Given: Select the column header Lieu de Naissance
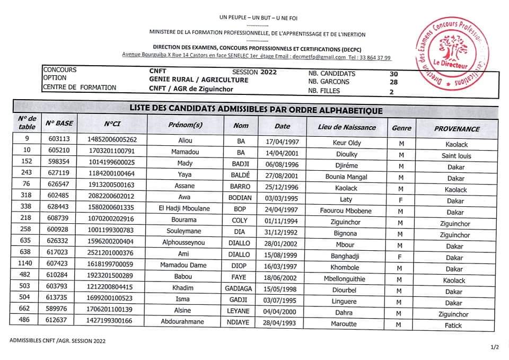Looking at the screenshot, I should click(347, 127).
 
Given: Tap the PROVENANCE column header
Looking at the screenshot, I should click(457, 129).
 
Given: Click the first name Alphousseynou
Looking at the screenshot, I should click(184, 242).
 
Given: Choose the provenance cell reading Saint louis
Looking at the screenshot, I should click(456, 156).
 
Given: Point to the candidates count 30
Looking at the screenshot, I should click(393, 74).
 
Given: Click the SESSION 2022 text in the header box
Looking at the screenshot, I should click(254, 72).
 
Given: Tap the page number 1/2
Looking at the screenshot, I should click(495, 347).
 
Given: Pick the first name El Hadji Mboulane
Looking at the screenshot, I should click(184, 209).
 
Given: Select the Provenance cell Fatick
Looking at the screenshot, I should click(454, 326).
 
